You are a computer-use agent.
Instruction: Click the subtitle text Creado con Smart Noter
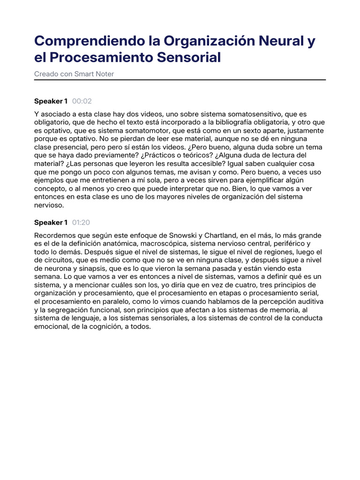pyautogui.click(x=74, y=74)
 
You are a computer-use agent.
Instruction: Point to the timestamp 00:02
pyautogui.click(x=82, y=101)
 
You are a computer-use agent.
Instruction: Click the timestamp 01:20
pyautogui.click(x=82, y=222)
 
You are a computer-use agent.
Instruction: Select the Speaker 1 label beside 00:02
pyautogui.click(x=51, y=101)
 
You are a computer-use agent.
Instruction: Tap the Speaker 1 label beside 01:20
pyautogui.click(x=51, y=222)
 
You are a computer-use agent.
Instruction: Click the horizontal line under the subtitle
pyautogui.click(x=180, y=80)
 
